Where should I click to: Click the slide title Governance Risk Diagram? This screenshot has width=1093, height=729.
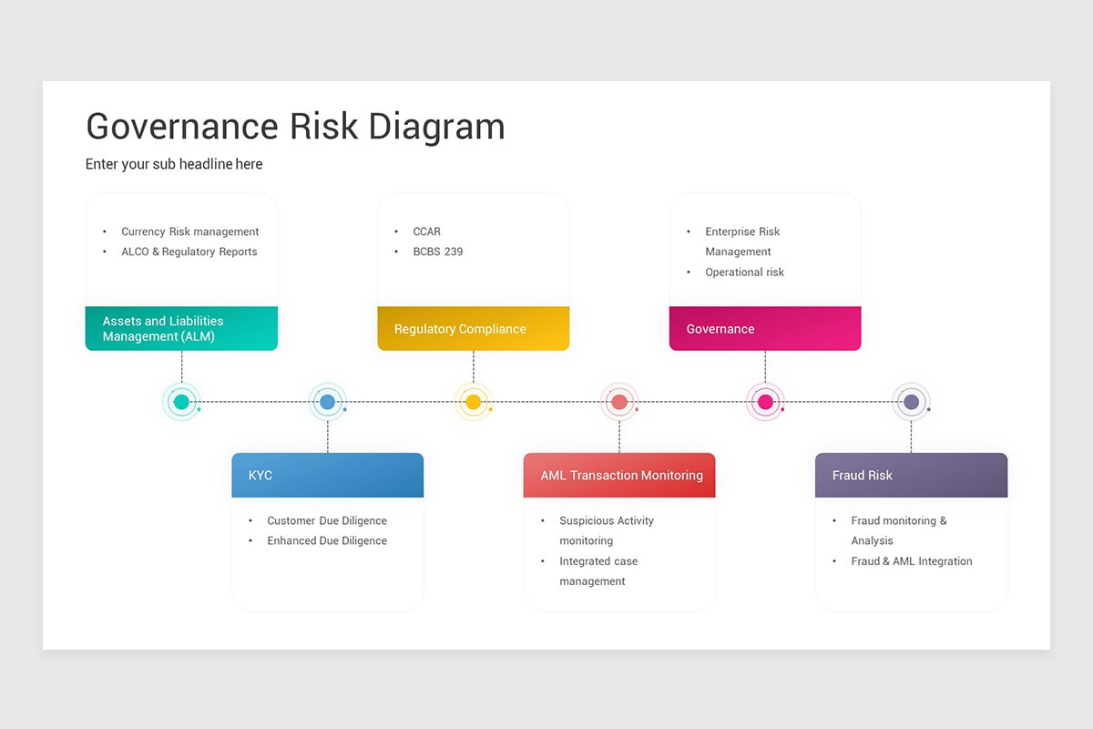point(295,127)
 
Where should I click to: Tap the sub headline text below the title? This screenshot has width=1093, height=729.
point(174,164)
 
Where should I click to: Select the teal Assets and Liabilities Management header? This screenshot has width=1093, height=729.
point(181,328)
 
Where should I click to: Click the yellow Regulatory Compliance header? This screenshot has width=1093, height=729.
point(473,328)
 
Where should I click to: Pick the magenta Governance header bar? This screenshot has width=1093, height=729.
point(764,328)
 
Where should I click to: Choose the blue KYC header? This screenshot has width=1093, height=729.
point(327,475)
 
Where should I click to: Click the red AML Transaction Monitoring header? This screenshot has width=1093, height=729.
point(619,475)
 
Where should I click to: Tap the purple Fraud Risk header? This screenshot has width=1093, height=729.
point(911,475)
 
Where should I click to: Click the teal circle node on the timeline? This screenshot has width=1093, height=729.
point(181,402)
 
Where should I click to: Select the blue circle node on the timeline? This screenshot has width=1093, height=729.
point(328,402)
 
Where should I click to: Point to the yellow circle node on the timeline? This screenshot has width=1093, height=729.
point(473,402)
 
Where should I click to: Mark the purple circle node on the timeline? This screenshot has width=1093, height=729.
point(911,402)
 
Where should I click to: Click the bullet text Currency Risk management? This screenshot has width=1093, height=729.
point(189,231)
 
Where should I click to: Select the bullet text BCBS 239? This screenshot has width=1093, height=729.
point(437,252)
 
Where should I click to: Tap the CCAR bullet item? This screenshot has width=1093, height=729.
point(426,231)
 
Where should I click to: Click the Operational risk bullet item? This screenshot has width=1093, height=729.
point(744,272)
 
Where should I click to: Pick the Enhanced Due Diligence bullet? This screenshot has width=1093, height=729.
point(326,540)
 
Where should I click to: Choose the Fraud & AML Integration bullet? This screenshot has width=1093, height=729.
point(911,561)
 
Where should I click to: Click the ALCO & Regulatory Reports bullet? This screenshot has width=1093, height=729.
point(189,252)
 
